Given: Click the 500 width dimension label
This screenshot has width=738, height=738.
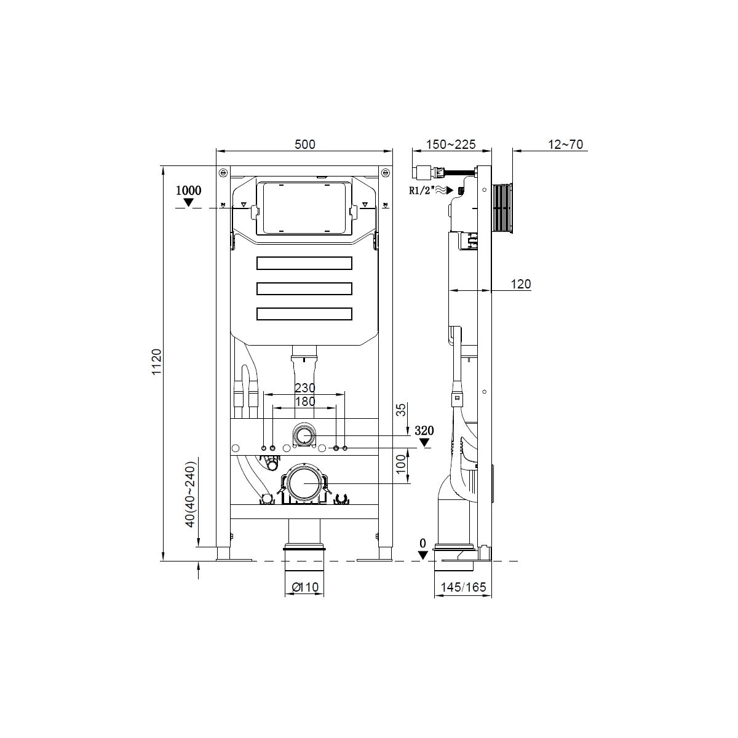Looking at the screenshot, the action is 305,145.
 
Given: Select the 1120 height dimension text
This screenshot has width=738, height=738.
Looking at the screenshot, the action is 157,362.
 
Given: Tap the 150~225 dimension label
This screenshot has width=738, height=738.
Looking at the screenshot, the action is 451,145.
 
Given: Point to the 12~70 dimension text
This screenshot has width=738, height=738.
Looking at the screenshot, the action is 565,145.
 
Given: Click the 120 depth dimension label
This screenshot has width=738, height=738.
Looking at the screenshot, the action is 521,284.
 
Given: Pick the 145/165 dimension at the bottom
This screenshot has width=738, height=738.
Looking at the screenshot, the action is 463,587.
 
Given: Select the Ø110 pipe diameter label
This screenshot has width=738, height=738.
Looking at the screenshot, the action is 305,587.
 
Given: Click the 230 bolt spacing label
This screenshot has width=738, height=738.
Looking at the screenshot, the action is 305,388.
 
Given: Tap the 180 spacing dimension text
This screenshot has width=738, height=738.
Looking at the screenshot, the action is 305,402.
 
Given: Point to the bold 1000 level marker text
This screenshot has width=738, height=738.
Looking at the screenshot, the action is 188,190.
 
